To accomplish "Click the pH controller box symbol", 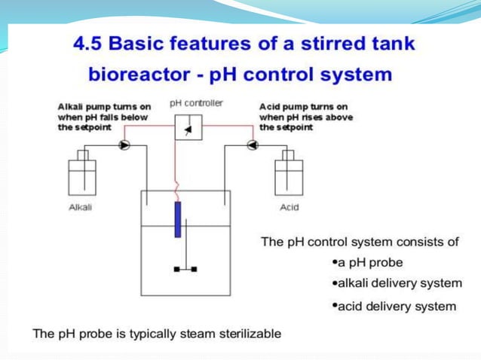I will [x=188, y=128].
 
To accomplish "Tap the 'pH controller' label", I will [x=196, y=103].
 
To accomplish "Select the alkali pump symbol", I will [x=124, y=144].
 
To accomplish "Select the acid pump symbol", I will [x=252, y=144].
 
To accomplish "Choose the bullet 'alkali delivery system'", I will [x=397, y=284].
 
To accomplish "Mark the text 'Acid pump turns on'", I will [x=303, y=107].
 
